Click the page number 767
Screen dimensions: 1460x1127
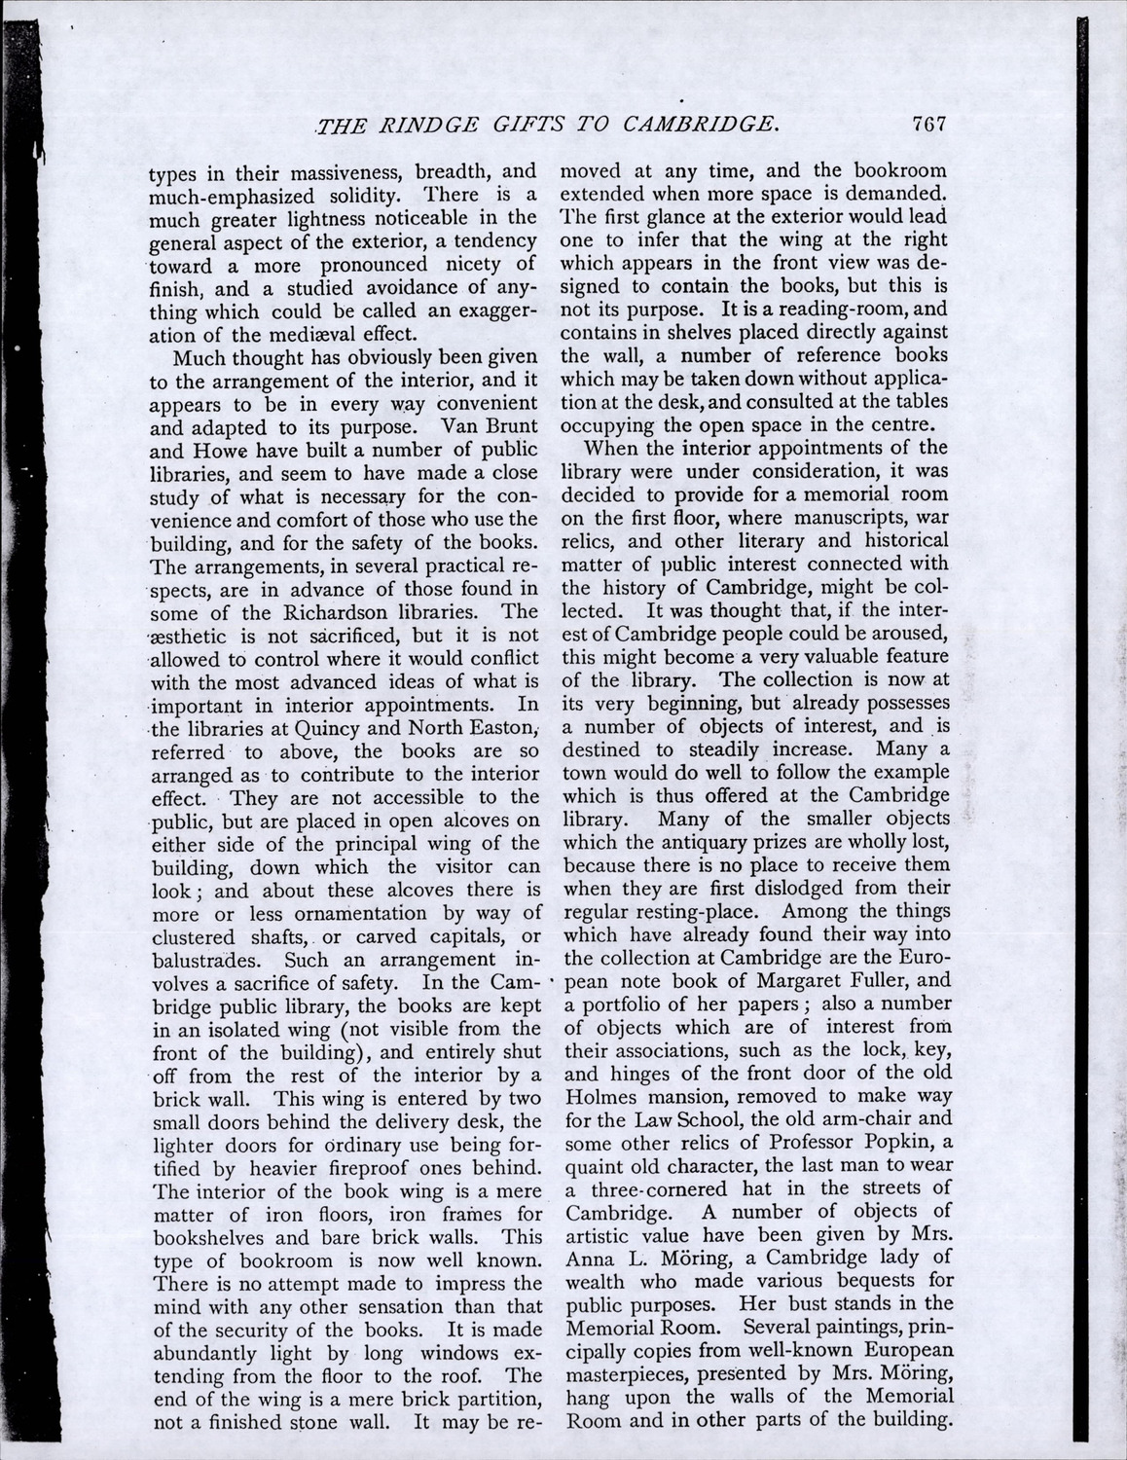point(929,124)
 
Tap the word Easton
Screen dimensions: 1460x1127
point(503,727)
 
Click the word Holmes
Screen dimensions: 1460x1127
point(603,1097)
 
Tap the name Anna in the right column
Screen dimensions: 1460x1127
point(589,1258)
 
